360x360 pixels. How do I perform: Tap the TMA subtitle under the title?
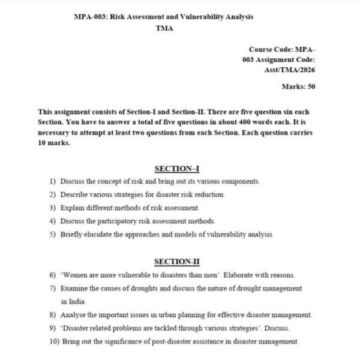[x=164, y=28]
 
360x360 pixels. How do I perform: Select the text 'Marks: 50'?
[x=298, y=87]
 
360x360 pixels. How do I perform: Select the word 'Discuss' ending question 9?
[x=278, y=328]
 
